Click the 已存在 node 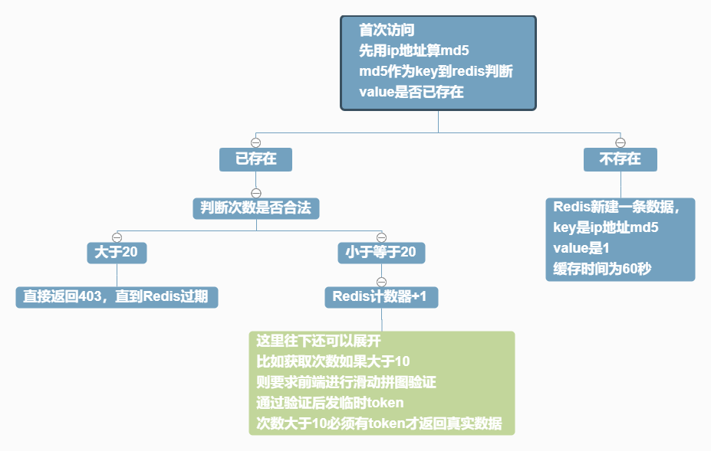click(255, 159)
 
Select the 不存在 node click(620, 159)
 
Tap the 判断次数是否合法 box click(255, 208)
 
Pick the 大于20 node click(117, 253)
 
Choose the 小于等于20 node click(381, 253)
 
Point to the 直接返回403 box click(117, 297)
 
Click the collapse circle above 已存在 click(256, 143)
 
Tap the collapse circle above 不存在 click(621, 143)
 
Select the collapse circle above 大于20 click(117, 237)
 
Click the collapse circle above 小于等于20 click(381, 237)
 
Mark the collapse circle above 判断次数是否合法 click(256, 193)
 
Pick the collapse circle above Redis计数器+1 click(381, 282)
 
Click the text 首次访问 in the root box click(387, 31)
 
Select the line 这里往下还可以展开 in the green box click(318, 341)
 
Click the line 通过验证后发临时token click(330, 402)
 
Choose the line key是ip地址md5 click(606, 227)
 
